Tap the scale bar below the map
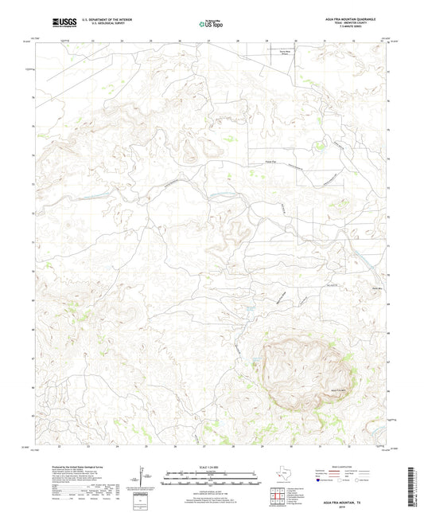pyautogui.click(x=211, y=480)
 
